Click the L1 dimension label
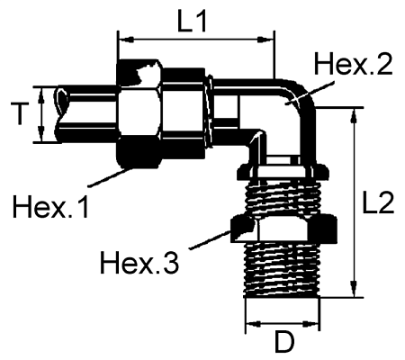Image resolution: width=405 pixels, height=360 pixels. [193, 22]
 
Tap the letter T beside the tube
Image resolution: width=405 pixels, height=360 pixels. [16, 114]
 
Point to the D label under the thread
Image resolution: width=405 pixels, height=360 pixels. [284, 343]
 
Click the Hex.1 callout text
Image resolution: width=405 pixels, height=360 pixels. [52, 208]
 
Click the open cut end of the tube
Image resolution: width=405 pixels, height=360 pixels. [60, 115]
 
